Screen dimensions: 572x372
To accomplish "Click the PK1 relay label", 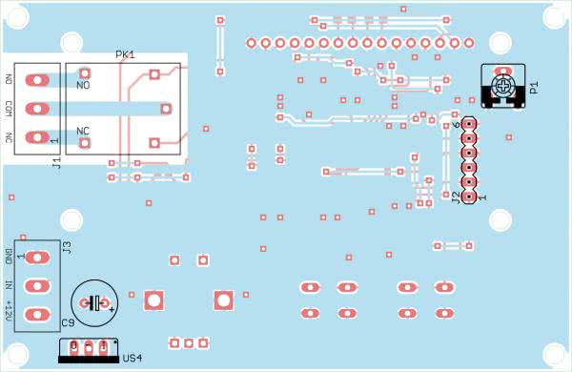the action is pos(125,54).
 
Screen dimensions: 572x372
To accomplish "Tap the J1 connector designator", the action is pos(56,162).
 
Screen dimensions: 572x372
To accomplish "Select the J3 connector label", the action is pos(67,248).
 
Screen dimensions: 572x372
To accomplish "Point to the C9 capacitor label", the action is pos(69,323).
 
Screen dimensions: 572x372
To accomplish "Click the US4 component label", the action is pos(133,358).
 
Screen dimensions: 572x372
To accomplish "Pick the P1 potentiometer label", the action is pos(534,88).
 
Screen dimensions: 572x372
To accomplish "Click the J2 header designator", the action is pos(456,197).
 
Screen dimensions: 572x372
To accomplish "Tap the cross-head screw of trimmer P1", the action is pos(503,87).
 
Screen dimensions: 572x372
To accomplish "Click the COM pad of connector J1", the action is pos(37,109).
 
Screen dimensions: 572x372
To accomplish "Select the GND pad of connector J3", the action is pos(37,258).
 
